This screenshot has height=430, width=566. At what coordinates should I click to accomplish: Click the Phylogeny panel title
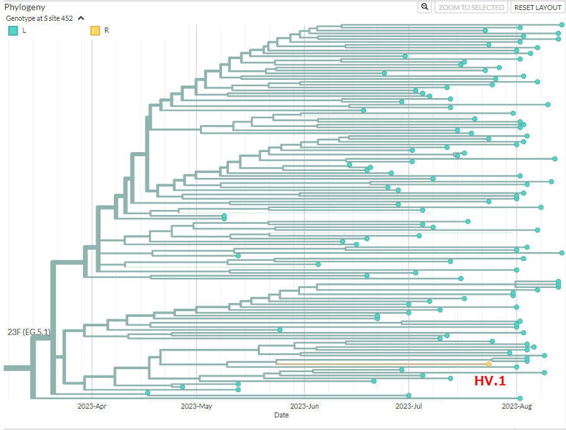25,7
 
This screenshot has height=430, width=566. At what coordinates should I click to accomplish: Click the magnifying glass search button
425,7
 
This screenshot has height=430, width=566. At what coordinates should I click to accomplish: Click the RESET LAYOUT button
538,7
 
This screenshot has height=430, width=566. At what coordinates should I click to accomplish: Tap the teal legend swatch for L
13,31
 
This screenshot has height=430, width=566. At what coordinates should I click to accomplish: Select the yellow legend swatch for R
95,31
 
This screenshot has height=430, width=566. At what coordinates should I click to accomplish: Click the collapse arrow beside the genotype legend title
81,18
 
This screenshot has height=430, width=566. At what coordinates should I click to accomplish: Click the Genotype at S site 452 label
40,18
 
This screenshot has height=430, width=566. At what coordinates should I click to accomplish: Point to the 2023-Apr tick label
92,406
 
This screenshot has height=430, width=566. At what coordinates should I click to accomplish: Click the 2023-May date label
196,406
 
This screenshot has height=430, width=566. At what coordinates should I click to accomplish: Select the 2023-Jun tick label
304,406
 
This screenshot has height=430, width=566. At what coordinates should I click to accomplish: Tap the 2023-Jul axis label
409,406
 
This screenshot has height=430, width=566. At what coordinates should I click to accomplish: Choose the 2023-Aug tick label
516,406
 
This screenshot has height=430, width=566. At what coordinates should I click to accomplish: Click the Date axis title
282,415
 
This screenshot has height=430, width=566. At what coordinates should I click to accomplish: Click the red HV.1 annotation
490,380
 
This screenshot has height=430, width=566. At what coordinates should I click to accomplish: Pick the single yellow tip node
489,364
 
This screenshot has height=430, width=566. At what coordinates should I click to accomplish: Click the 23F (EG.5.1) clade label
29,332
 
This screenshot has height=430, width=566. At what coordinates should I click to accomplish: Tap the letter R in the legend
106,30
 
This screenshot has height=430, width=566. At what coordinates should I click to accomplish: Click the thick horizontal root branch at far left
18,368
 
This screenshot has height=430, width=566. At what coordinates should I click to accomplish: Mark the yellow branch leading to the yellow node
381,364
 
